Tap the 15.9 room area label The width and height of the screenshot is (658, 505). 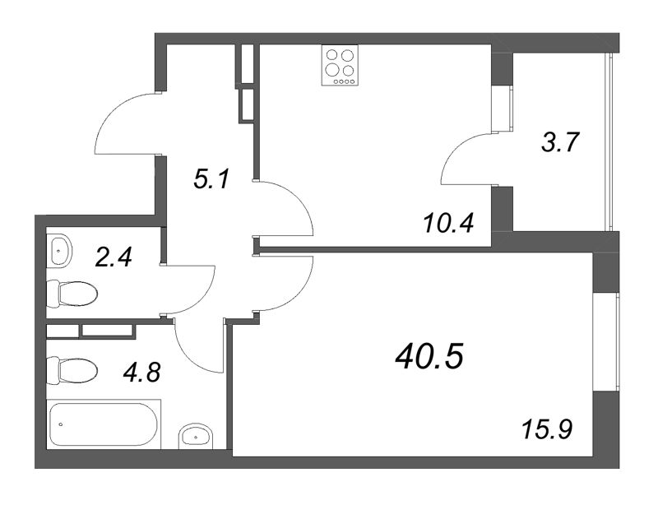pyautogui.click(x=546, y=429)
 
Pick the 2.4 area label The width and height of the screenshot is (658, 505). pyautogui.click(x=114, y=257)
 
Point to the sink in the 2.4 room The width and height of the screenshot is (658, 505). pyautogui.click(x=59, y=250)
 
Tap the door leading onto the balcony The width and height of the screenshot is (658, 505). pyautogui.click(x=469, y=161)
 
